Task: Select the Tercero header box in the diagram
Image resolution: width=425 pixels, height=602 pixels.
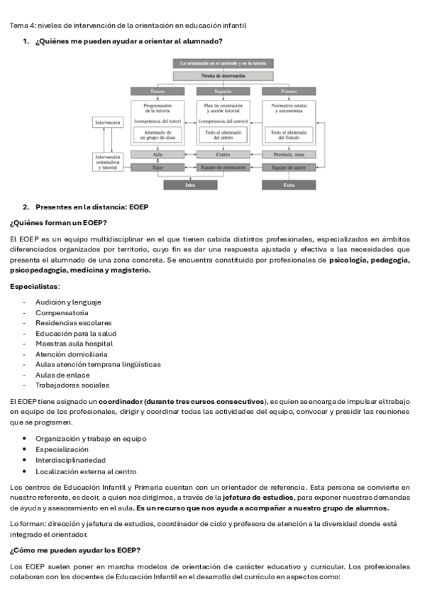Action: [x=158, y=91]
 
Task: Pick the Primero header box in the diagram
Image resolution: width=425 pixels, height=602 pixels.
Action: [x=289, y=91]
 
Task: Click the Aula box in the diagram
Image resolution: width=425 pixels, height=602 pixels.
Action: [x=158, y=154]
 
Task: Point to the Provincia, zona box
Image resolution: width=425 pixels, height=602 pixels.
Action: [x=289, y=154]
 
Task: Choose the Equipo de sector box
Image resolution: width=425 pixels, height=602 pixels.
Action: [x=289, y=168]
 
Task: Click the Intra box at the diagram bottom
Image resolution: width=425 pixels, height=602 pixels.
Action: [x=190, y=185]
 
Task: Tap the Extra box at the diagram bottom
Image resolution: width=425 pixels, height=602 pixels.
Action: [x=289, y=185]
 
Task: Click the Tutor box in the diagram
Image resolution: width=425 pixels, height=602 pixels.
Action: [x=158, y=168]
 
